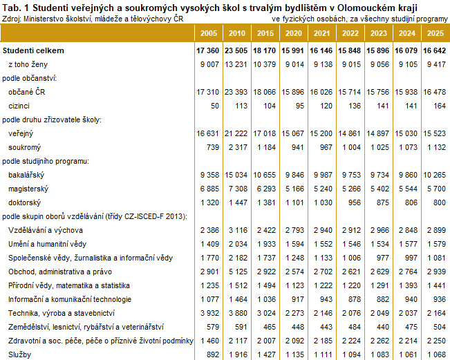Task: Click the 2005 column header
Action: (209, 33)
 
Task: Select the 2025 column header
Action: (435, 33)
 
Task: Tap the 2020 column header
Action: (294, 33)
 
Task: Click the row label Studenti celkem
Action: (33, 50)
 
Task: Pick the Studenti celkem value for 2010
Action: (236, 50)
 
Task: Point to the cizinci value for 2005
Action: (215, 106)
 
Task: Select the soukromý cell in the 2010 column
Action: (238, 147)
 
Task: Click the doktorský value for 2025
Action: (440, 203)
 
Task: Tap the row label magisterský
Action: (28, 189)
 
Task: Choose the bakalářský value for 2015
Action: (264, 175)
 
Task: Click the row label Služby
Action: (19, 355)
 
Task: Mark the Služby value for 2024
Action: (408, 355)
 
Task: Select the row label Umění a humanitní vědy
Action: (48, 244)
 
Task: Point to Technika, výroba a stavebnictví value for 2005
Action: (209, 313)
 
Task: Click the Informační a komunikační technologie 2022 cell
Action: (355, 299)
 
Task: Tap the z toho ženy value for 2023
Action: (379, 64)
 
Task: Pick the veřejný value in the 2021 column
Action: (321, 133)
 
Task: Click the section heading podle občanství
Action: (29, 78)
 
